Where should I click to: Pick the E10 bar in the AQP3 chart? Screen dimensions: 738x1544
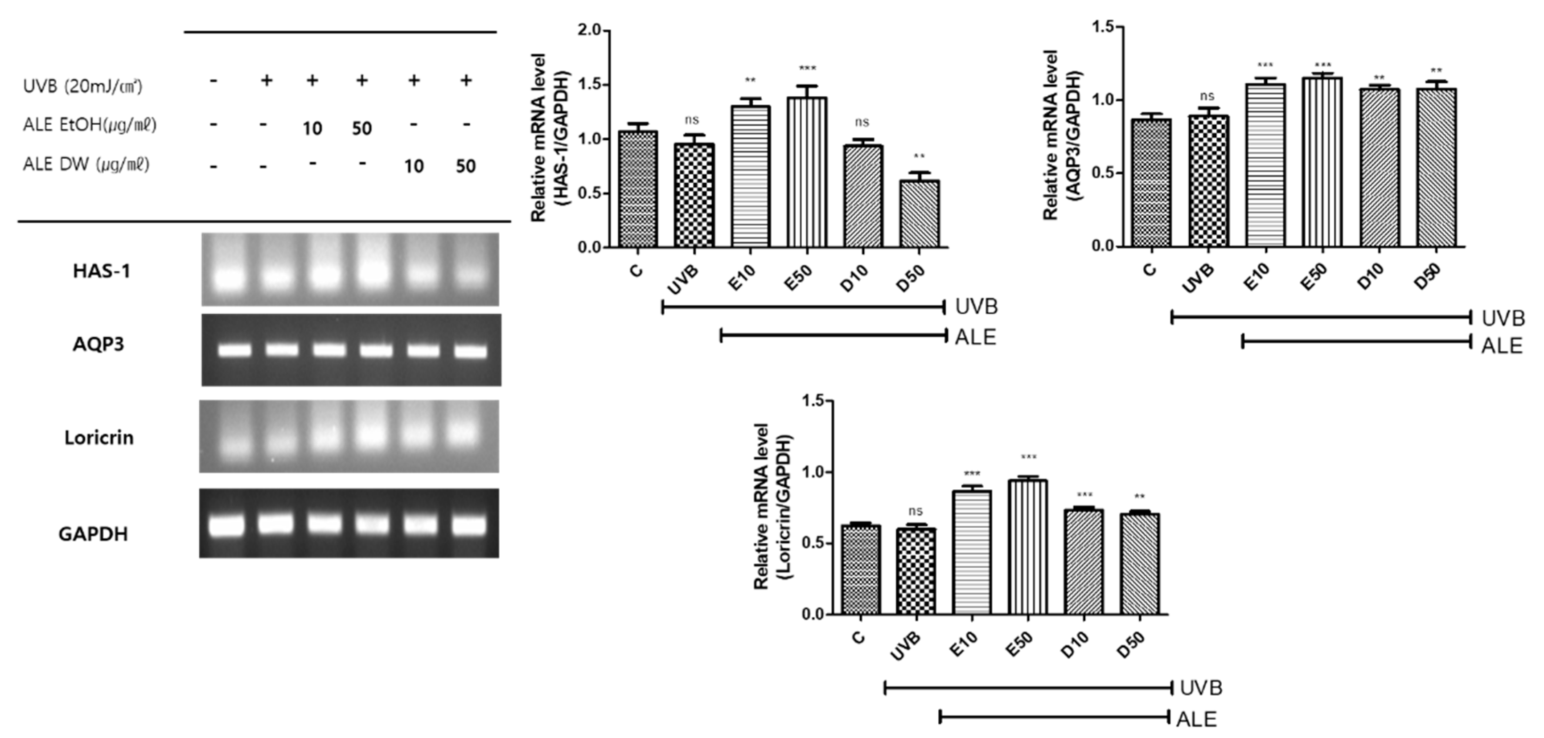(1265, 165)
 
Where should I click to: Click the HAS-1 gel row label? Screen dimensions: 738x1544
(101, 271)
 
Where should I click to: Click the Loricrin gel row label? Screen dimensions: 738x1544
(99, 438)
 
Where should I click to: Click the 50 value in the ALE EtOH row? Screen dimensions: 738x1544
(361, 128)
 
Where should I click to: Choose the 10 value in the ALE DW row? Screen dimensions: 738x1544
(414, 166)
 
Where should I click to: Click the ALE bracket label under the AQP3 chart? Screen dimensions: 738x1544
(1502, 346)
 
